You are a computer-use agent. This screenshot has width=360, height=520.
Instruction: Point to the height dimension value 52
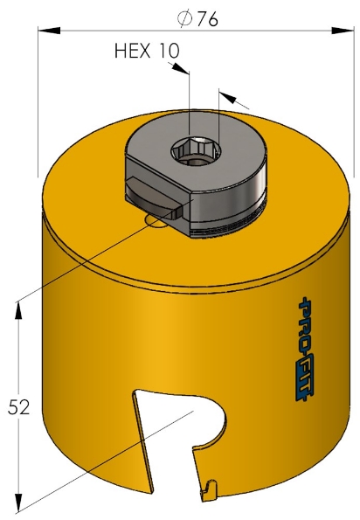20,406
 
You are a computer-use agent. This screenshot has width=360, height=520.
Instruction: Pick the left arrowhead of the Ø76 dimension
44,31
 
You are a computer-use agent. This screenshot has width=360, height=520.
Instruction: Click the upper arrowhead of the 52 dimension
18,306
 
